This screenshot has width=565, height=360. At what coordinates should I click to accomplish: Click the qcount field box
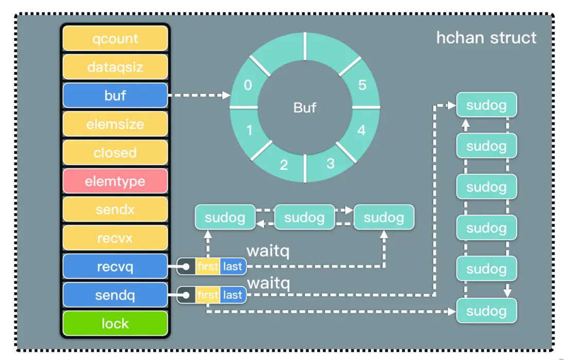pos(115,39)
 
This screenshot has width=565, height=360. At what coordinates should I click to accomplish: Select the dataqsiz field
pos(115,67)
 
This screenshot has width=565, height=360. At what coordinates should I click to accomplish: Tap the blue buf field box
pos(115,96)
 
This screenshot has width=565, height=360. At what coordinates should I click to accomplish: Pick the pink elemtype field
pos(115,181)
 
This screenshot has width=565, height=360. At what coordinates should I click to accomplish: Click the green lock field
pos(115,323)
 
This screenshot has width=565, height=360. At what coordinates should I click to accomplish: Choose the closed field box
pos(115,153)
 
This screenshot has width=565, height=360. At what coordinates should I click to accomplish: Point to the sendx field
pos(115,210)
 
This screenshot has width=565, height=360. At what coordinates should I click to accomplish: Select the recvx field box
pos(115,238)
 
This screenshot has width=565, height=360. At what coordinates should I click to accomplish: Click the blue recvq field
pos(115,267)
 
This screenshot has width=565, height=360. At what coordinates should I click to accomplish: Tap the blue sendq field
pos(115,295)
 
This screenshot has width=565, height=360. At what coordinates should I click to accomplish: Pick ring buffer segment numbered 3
pos(330,164)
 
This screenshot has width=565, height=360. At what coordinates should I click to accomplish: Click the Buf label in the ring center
pos(305,107)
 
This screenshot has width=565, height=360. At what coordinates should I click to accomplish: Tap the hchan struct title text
pos(486,38)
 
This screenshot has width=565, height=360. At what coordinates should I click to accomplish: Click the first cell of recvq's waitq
pos(207,267)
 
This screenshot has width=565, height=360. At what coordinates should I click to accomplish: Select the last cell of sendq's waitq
pos(233,295)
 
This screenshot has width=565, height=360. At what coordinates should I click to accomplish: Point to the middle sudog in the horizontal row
pos(304,217)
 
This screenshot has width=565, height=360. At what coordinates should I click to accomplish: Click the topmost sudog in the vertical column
pos(486,105)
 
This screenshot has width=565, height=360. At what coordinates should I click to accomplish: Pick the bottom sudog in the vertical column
pos(486,311)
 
